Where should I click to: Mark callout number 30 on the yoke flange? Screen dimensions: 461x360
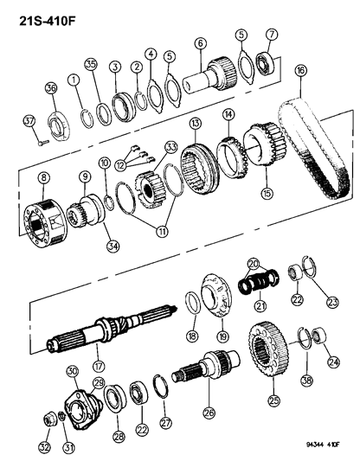(73, 372)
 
